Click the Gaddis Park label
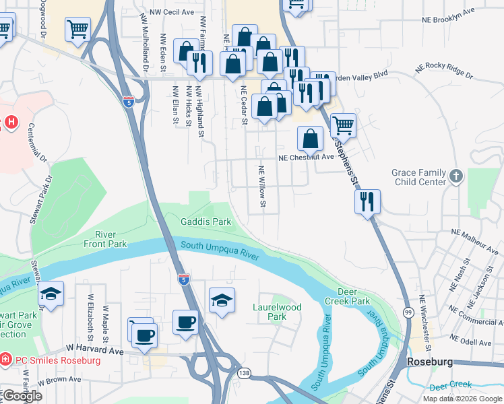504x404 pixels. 206,222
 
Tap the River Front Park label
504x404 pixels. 105,238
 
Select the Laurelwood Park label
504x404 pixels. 277,312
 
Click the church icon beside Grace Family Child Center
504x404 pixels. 456,176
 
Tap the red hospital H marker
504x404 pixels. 11,123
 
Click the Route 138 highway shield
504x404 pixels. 243,372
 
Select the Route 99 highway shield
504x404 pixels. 408,312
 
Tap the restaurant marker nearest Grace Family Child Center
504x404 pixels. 367,201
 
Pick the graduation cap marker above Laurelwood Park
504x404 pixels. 222,300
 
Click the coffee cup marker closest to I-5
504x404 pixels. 185,321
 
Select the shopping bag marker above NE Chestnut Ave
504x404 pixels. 310,139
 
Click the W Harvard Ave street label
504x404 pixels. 95,350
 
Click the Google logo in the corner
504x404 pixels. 22,396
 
